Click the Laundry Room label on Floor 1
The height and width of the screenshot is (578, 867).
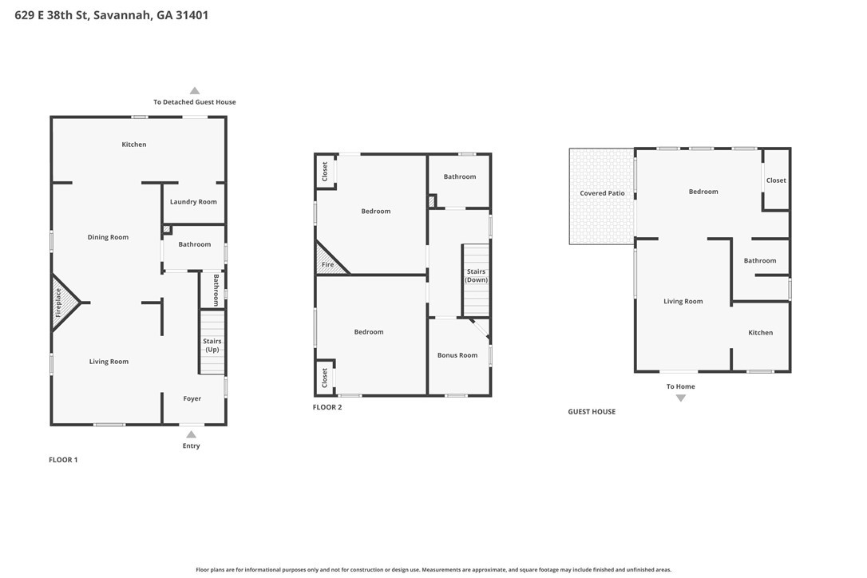click(193, 202)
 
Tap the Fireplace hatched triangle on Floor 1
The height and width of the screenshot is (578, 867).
click(62, 303)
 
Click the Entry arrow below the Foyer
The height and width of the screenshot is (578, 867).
click(192, 434)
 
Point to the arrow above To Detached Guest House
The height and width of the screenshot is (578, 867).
click(195, 91)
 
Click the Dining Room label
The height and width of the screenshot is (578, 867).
click(108, 237)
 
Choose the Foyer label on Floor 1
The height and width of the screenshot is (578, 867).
click(192, 399)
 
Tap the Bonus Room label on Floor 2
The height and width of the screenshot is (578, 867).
click(457, 355)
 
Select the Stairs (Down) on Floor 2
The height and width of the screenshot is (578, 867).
click(476, 280)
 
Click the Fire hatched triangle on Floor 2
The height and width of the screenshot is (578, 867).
click(328, 260)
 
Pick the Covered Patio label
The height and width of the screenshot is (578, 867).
click(602, 193)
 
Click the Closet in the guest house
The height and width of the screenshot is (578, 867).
click(776, 180)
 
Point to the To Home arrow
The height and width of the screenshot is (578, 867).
click(681, 398)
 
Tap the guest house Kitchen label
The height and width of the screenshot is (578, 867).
click(760, 333)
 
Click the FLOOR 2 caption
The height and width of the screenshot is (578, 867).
click(327, 407)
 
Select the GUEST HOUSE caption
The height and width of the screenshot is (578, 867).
click(592, 411)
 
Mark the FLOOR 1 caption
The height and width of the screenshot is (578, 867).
click(63, 460)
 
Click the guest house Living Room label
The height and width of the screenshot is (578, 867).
click(683, 302)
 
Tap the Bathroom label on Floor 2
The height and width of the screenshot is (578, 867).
click(460, 177)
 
